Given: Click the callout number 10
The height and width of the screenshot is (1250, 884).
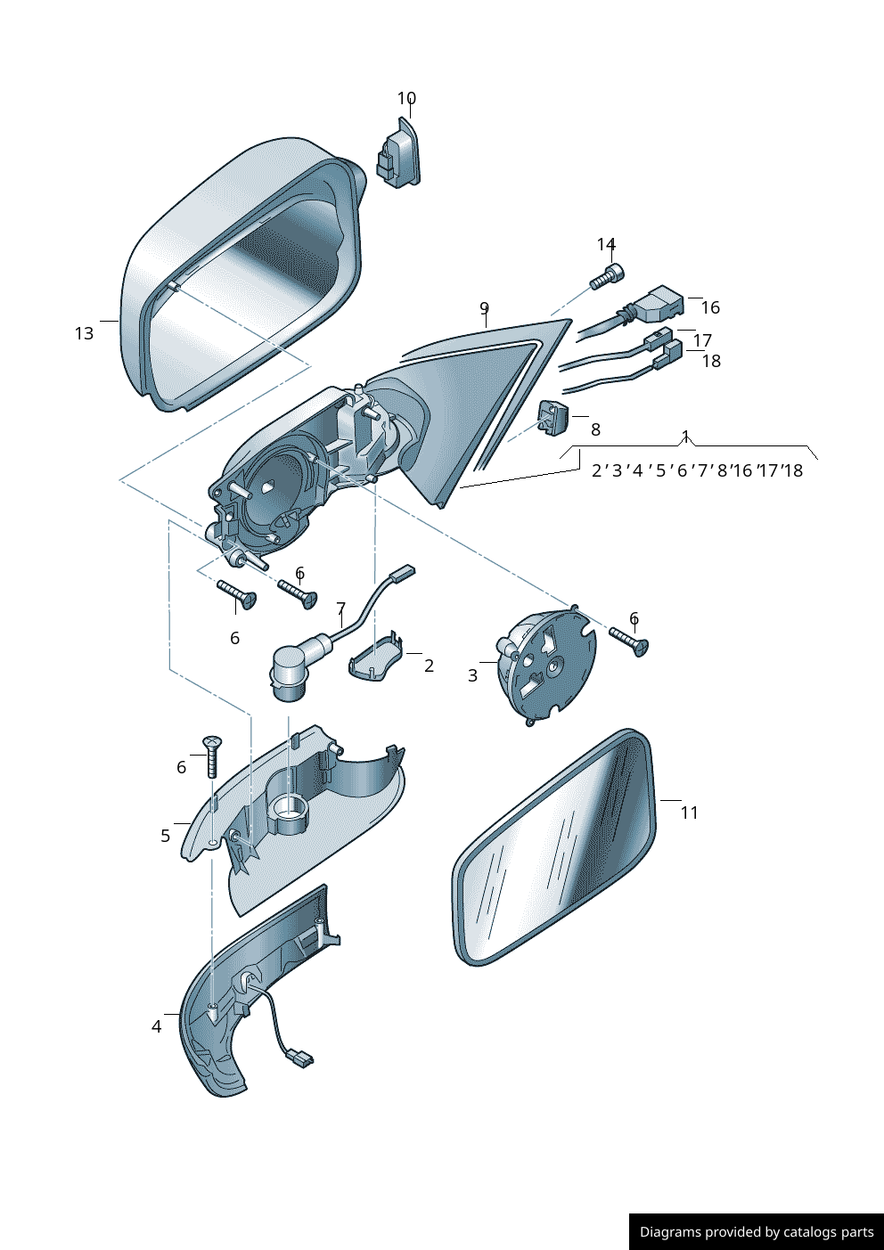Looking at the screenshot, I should click(406, 99).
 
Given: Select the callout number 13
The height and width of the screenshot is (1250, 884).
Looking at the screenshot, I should click(84, 333).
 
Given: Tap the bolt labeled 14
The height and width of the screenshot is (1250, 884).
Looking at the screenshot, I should click(607, 277).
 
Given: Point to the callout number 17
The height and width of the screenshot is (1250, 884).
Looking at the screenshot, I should click(702, 340).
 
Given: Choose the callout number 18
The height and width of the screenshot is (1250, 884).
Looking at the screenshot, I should click(711, 361).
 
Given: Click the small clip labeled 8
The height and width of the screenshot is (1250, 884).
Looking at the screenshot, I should click(552, 417).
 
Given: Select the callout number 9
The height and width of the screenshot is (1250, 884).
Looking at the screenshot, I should click(484, 308).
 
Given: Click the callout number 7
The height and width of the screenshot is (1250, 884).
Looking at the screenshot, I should click(340, 609).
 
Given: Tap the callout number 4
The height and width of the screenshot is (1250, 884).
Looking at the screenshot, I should click(156, 1026).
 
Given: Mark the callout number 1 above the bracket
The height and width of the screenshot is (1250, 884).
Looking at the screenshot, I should click(685, 437).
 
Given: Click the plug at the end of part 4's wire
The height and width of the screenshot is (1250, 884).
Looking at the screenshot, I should click(299, 1058).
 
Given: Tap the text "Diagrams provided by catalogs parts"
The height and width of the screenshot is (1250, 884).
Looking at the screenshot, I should click(757, 1232).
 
